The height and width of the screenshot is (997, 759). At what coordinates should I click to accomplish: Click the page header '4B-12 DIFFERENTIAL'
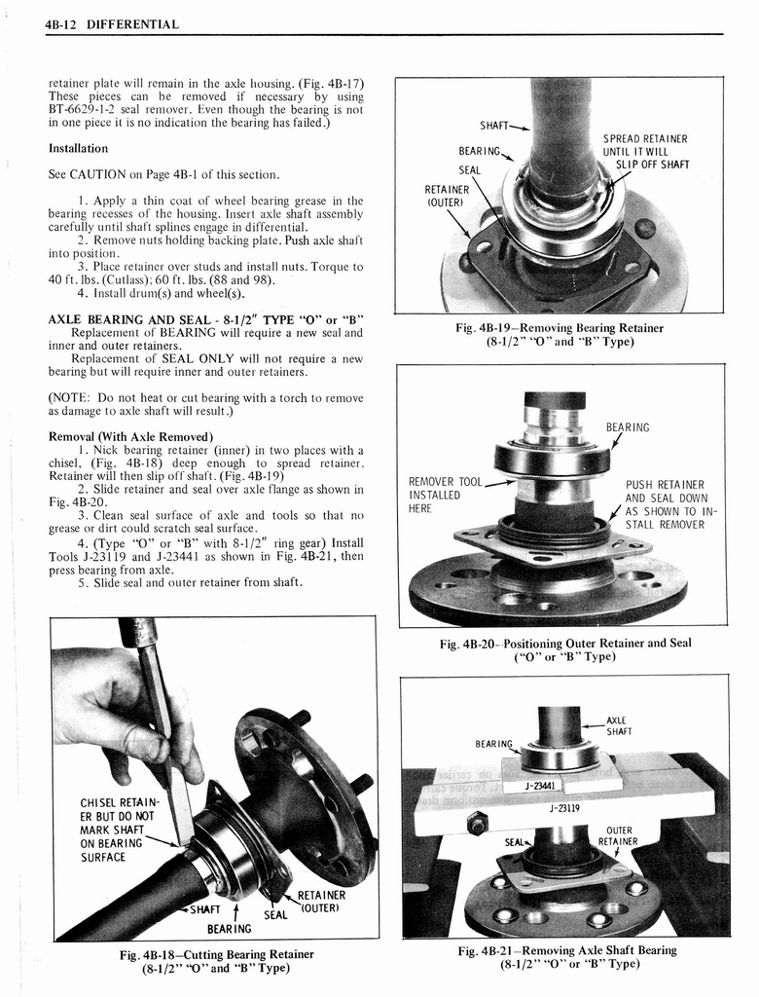click(x=112, y=23)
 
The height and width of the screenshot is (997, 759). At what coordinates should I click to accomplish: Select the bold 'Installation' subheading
click(x=78, y=149)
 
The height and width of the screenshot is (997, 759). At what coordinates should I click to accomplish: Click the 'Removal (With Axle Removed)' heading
click(x=130, y=435)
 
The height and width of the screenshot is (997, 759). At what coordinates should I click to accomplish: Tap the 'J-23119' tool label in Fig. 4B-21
click(x=565, y=807)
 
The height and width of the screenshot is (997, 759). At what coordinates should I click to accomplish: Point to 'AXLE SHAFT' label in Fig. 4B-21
click(x=619, y=725)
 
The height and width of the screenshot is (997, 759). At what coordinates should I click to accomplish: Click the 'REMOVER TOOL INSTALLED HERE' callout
click(x=446, y=495)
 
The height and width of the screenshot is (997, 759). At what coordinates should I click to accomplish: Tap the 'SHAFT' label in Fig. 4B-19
click(x=496, y=126)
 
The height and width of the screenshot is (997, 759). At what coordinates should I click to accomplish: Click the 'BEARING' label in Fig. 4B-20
click(x=627, y=427)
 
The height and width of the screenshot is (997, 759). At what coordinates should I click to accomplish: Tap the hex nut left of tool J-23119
click(x=477, y=824)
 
